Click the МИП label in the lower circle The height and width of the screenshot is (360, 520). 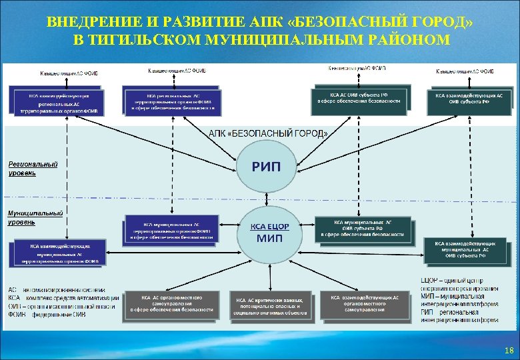tap(269, 238)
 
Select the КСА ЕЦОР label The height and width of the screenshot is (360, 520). tap(269, 227)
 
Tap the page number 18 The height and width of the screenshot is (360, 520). tap(509, 349)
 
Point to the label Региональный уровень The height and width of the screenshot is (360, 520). tap(33, 168)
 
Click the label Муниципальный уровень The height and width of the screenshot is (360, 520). tap(35, 217)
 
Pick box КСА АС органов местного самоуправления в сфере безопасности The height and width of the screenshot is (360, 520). tap(172, 304)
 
